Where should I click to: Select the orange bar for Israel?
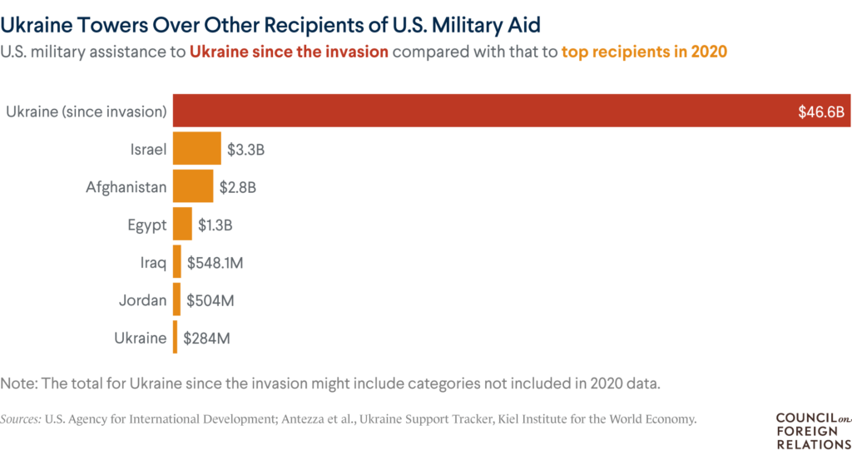[x=196, y=149]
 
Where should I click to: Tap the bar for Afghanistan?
[x=192, y=186]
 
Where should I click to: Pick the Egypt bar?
[x=182, y=225]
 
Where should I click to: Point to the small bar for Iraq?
[x=176, y=262]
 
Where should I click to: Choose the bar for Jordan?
[x=176, y=299]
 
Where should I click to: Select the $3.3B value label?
[x=245, y=150]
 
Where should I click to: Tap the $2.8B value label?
[x=237, y=187]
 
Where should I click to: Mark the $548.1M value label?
[x=215, y=263]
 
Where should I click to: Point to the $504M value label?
[x=210, y=300]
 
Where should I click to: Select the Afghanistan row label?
[x=126, y=187]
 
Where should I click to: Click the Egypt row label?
[x=146, y=225]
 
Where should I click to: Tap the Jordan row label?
[x=143, y=300]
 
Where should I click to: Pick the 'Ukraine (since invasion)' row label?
[x=86, y=111]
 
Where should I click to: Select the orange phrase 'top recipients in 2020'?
[x=644, y=51]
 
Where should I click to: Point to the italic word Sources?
[x=21, y=419]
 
